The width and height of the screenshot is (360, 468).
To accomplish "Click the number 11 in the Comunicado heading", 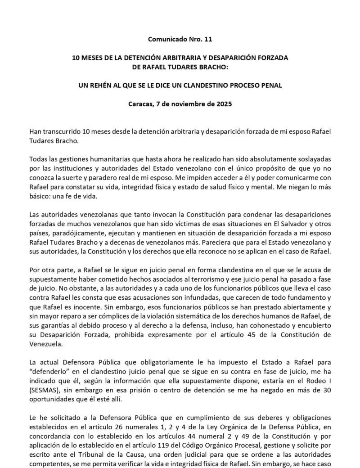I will [207, 40].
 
